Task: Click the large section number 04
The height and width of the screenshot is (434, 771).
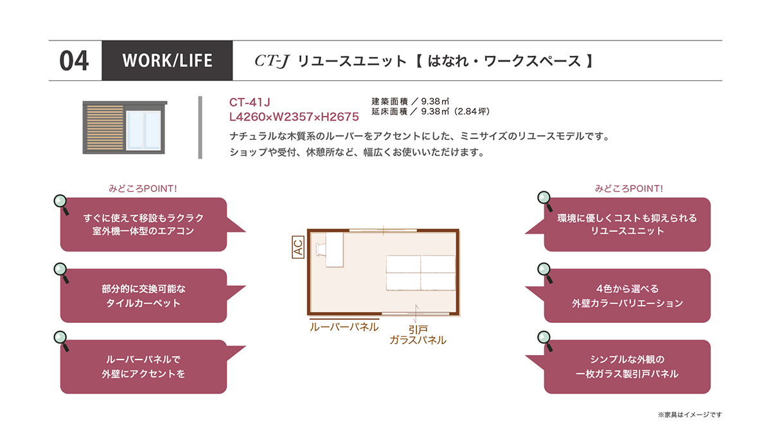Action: [x=74, y=61]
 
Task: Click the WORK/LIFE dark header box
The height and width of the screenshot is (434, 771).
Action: [x=167, y=60]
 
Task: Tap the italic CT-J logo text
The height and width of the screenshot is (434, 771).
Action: [x=272, y=61]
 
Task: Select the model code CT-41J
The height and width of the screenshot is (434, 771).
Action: [x=249, y=102]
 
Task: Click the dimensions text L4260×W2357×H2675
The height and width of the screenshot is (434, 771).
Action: [x=294, y=117]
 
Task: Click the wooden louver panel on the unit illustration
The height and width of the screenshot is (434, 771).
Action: [x=105, y=128]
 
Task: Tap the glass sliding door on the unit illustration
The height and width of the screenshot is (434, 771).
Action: [x=143, y=130]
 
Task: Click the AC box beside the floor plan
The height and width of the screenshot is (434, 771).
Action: [x=298, y=247]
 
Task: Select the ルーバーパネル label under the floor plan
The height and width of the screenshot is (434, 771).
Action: [x=344, y=327]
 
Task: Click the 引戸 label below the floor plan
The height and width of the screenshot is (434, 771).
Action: [x=418, y=330]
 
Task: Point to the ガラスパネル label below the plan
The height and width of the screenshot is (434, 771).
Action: [x=418, y=340]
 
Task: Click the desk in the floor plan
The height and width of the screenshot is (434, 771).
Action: [x=334, y=250]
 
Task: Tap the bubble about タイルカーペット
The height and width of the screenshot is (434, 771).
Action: [x=143, y=296]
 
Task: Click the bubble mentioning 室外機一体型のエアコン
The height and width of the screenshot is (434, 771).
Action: [x=143, y=224]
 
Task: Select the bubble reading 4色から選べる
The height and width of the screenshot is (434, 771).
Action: [x=627, y=296]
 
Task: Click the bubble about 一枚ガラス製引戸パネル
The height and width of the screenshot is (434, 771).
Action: [x=627, y=367]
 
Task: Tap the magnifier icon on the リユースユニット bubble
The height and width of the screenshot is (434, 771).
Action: [x=545, y=201]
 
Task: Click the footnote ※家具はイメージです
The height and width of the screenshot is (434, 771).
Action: [x=690, y=415]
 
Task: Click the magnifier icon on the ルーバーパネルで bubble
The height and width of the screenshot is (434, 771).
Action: [x=62, y=341]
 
